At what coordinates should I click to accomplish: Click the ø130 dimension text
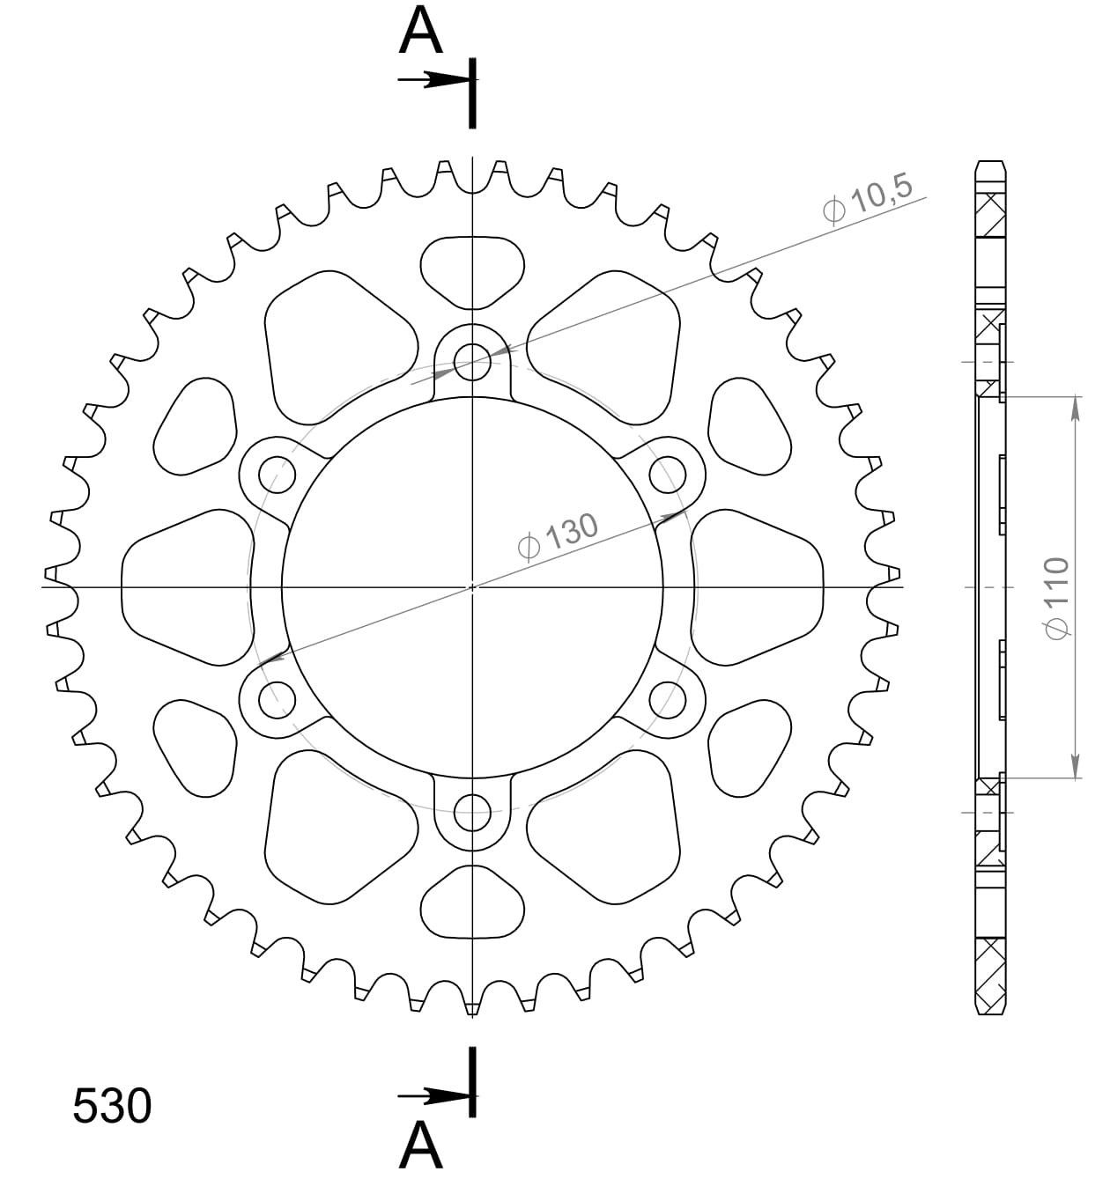[559, 535]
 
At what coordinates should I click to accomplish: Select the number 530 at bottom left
[112, 1107]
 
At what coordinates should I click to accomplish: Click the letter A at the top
[420, 33]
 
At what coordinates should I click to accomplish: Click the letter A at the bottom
[420, 1146]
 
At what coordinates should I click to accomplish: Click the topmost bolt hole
[473, 361]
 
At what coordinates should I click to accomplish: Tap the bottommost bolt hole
[473, 812]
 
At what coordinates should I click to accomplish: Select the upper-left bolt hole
[277, 475]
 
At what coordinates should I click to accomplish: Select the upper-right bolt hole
[668, 475]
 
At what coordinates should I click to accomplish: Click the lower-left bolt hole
[277, 699]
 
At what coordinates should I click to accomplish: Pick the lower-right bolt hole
[668, 699]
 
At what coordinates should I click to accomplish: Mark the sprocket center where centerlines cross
[473, 586]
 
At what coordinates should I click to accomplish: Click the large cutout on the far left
[185, 586]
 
